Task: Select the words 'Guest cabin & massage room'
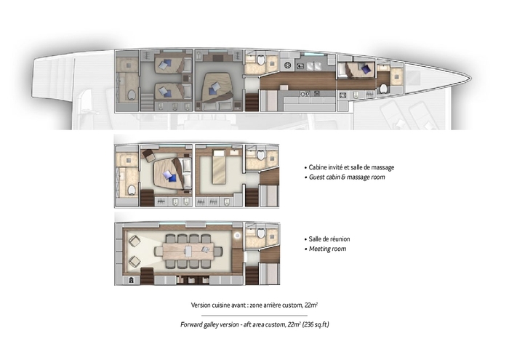coord(348,177)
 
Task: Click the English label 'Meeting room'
coord(327,249)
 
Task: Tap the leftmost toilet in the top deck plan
coord(132,94)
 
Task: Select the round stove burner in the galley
coord(288,66)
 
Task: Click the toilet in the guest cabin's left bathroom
coord(131,190)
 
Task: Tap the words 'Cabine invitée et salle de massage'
coord(351,167)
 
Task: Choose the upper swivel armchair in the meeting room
coord(134,240)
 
